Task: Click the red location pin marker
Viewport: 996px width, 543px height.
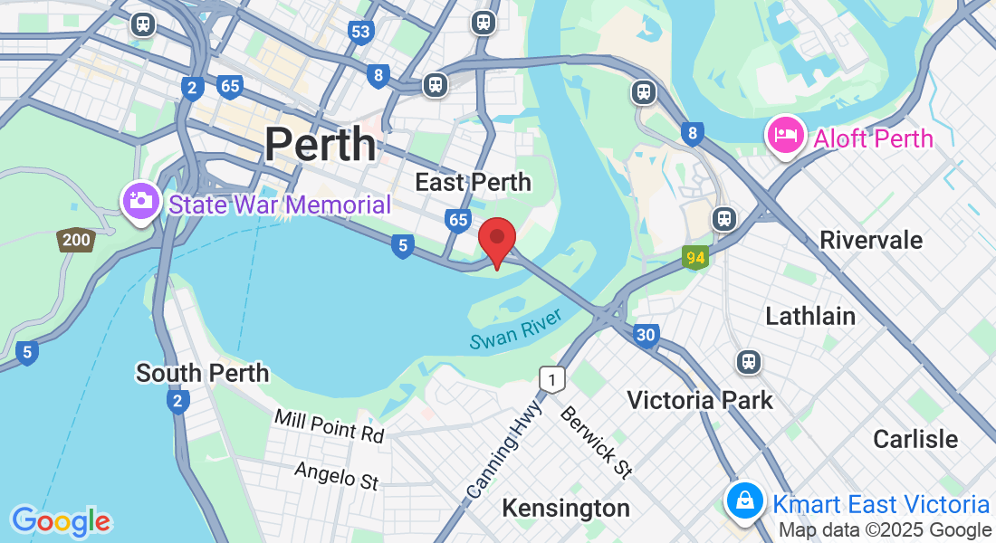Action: click(x=496, y=238)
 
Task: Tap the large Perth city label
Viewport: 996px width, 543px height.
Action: click(x=320, y=144)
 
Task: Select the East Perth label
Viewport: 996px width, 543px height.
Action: click(x=473, y=182)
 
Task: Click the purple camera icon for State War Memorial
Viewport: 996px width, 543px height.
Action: click(x=140, y=200)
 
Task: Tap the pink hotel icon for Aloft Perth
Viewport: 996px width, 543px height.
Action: click(x=785, y=136)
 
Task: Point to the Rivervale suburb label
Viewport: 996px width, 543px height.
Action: click(x=870, y=240)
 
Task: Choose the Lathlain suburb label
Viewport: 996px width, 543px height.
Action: click(x=810, y=316)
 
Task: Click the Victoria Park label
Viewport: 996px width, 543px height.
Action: click(x=699, y=399)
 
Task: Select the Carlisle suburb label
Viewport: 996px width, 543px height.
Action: click(x=915, y=439)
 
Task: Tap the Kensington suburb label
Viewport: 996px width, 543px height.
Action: click(x=566, y=508)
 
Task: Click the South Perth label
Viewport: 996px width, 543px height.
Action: click(x=202, y=372)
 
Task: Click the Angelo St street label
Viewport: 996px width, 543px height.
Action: click(x=336, y=475)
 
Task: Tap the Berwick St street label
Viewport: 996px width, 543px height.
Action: click(x=596, y=442)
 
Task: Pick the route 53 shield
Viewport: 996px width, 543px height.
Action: click(x=360, y=33)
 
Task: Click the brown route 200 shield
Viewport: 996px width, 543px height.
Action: click(x=76, y=240)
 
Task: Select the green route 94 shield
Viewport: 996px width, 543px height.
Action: click(x=695, y=258)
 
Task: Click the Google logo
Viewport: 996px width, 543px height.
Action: click(x=62, y=521)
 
